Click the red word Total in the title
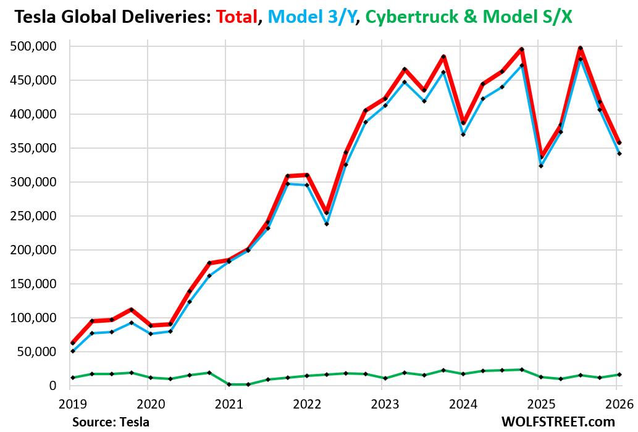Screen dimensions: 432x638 [x=235, y=18]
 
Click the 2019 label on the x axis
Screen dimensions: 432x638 [x=70, y=404]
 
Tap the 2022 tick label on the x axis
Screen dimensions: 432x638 [x=303, y=404]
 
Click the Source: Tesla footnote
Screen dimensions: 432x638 [x=111, y=422]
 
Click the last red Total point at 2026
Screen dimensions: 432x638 [x=619, y=143]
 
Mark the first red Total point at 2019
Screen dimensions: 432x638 [x=73, y=343]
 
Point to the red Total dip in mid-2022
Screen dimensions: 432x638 [x=327, y=213]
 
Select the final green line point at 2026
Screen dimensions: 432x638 [x=619, y=375]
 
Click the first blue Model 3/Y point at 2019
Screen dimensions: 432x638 [x=73, y=351]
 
